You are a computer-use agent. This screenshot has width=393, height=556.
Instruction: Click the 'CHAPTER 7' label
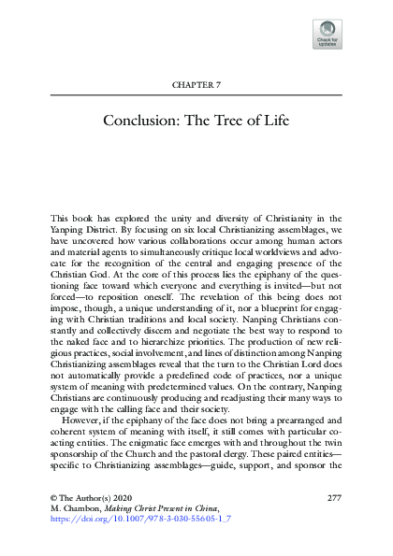tap(196, 85)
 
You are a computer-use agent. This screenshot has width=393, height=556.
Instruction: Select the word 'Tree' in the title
tap(239, 121)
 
